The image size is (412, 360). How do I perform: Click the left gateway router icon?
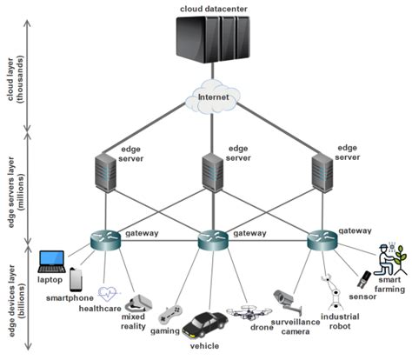point(103,239)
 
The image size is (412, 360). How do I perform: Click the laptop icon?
point(51,259)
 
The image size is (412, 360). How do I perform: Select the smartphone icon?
point(77,279)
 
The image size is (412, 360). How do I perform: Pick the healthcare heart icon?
point(108,293)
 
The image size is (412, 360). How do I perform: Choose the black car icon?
point(206,327)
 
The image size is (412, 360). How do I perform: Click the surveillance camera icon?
point(286,300)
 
